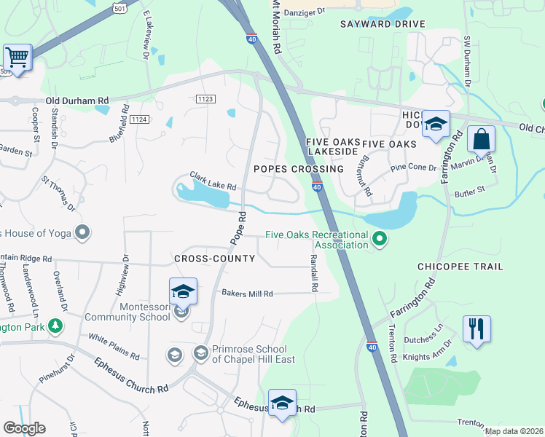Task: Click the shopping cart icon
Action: pos(17,57)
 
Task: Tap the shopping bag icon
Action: pos(481,138)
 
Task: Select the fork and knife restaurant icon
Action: pos(477,328)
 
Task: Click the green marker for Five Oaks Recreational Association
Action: pos(379,238)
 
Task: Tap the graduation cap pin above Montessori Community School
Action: pos(183,291)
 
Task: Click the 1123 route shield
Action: pos(205,98)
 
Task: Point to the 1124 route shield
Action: pos(140,119)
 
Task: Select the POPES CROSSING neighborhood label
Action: pos(298,169)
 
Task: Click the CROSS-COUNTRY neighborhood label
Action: pos(214,259)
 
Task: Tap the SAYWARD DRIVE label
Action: pos(382,24)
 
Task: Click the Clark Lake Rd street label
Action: pos(213,181)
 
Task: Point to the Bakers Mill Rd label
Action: pos(247,294)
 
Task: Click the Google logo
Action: pos(24,428)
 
